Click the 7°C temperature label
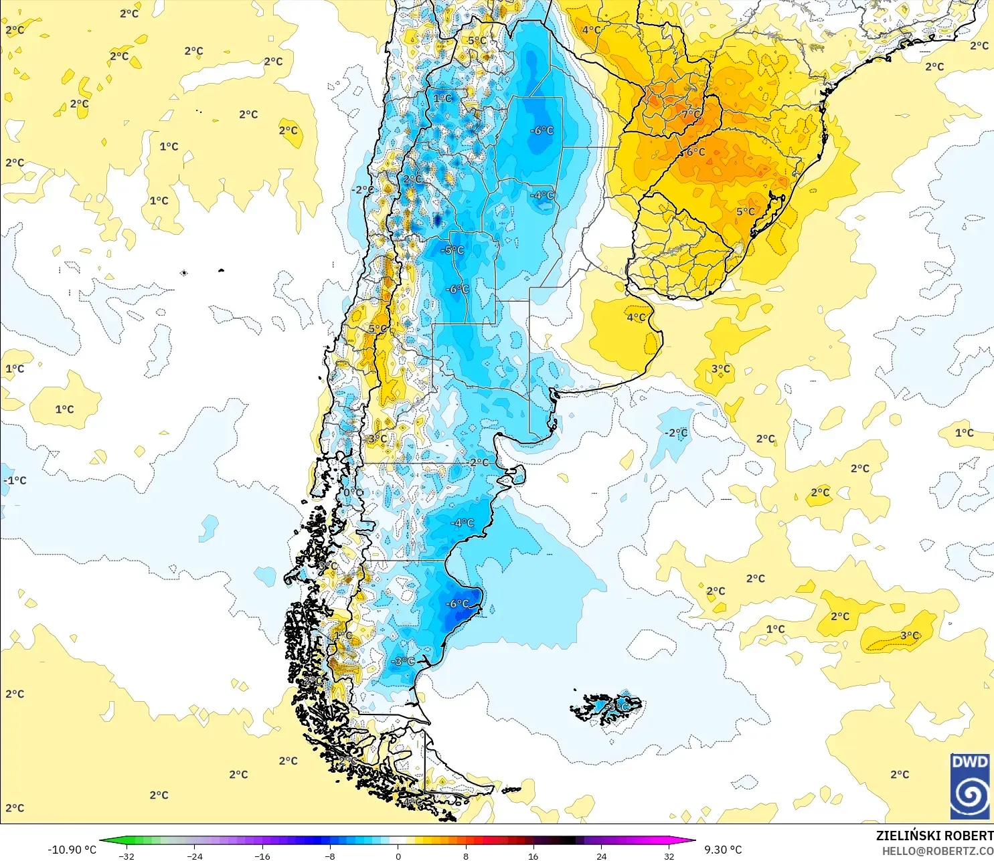click(x=691, y=114)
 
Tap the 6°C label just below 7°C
click(x=695, y=152)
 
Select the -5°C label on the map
click(x=453, y=250)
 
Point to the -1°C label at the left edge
click(x=15, y=480)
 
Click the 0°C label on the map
click(x=353, y=493)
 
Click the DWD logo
click(x=969, y=786)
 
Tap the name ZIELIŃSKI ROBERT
click(x=934, y=836)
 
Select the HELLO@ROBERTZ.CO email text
click(x=937, y=851)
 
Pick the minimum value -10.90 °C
click(x=72, y=850)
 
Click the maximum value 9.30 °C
click(x=723, y=850)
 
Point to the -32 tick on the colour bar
click(x=127, y=856)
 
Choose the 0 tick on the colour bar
click(x=398, y=856)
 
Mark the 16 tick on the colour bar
click(x=533, y=856)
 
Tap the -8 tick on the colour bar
click(x=329, y=856)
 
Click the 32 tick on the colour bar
click(x=669, y=856)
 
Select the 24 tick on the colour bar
click(x=601, y=856)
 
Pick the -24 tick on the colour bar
click(x=194, y=856)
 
